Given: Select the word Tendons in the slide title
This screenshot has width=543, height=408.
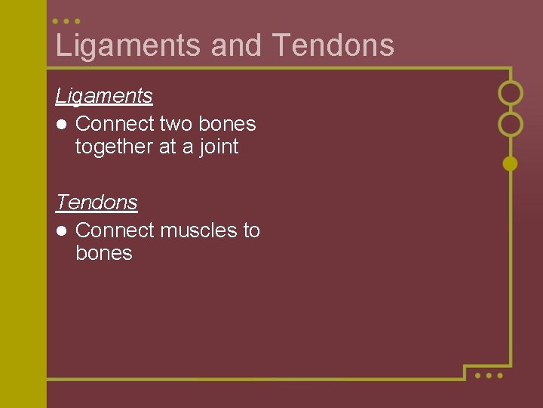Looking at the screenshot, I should pyautogui.click(x=333, y=45).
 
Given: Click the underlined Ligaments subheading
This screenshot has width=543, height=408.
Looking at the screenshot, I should pyautogui.click(x=104, y=96).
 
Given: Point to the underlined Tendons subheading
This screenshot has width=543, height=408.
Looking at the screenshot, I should pyautogui.click(x=97, y=202).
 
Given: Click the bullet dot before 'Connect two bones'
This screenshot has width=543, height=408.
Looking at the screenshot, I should pyautogui.click(x=60, y=124).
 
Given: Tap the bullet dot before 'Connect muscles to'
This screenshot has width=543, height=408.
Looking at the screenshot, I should pyautogui.click(x=60, y=230).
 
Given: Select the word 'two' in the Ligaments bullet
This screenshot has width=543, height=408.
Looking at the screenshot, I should pyautogui.click(x=176, y=124).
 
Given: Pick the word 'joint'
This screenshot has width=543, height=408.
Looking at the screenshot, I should pyautogui.click(x=219, y=147).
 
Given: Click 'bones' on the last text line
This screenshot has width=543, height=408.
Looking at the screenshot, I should pyautogui.click(x=104, y=253).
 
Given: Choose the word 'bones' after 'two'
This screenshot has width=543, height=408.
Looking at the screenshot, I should pyautogui.click(x=227, y=124).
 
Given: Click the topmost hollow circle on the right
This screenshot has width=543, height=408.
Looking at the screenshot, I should pyautogui.click(x=511, y=93).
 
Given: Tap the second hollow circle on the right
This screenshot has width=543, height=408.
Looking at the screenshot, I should pyautogui.click(x=511, y=124).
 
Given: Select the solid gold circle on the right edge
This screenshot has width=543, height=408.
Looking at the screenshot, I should pyautogui.click(x=511, y=163).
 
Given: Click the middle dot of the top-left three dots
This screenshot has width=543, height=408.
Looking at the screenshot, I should pyautogui.click(x=67, y=21).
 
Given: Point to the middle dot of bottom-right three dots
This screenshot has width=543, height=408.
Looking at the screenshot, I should pyautogui.click(x=488, y=375).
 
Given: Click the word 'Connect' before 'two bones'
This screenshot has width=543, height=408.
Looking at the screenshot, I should pyautogui.click(x=115, y=124).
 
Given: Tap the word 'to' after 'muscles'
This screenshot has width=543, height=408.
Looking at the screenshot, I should pyautogui.click(x=251, y=230).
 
